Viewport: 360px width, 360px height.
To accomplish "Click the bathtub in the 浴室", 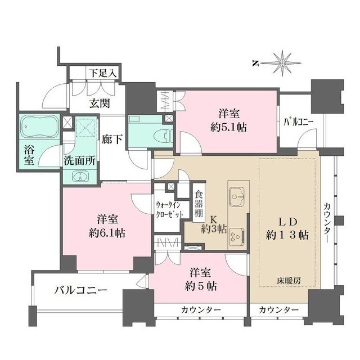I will [x=38, y=128].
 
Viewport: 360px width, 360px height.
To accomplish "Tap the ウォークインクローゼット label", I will [x=168, y=210].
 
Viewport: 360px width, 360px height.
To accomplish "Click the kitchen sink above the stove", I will [x=236, y=197].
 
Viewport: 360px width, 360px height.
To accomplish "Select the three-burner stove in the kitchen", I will [x=237, y=236].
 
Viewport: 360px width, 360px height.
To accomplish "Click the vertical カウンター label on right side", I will [x=327, y=222].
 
